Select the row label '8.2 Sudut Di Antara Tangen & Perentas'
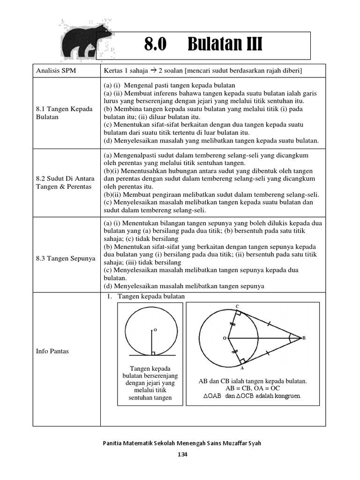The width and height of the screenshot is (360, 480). pos(65,182)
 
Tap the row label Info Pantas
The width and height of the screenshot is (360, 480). pos(52,351)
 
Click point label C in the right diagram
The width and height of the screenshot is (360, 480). pos(237,306)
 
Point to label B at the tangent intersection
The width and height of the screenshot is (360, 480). pos(304,337)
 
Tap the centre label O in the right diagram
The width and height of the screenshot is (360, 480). pos(224,337)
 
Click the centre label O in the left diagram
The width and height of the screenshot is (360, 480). pos(155,330)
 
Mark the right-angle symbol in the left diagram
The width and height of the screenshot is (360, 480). pos(153,353)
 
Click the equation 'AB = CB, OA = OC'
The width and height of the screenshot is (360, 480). pos(253,389)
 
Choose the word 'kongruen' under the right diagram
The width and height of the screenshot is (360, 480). pos(288,396)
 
